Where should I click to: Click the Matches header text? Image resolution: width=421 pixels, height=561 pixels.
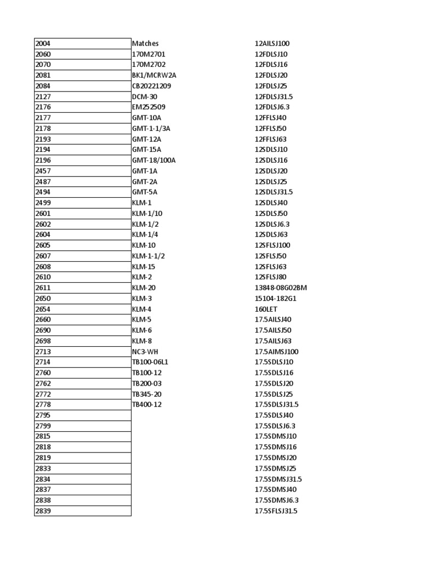[x=145, y=43]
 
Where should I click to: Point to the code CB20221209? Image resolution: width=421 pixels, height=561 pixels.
[x=151, y=86]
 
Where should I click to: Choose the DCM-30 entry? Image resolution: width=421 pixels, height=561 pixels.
[x=145, y=96]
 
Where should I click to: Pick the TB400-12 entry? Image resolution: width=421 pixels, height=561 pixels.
[x=147, y=405]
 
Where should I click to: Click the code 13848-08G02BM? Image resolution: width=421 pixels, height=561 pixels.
[x=281, y=288]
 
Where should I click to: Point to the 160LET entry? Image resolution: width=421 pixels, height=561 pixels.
[x=266, y=309]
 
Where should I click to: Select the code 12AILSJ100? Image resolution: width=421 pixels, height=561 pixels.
[x=272, y=43]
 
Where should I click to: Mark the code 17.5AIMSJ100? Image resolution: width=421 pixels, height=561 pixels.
[x=277, y=352]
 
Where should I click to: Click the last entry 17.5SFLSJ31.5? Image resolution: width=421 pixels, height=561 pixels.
[x=276, y=511]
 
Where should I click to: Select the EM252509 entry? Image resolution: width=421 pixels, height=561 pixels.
[x=149, y=107]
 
